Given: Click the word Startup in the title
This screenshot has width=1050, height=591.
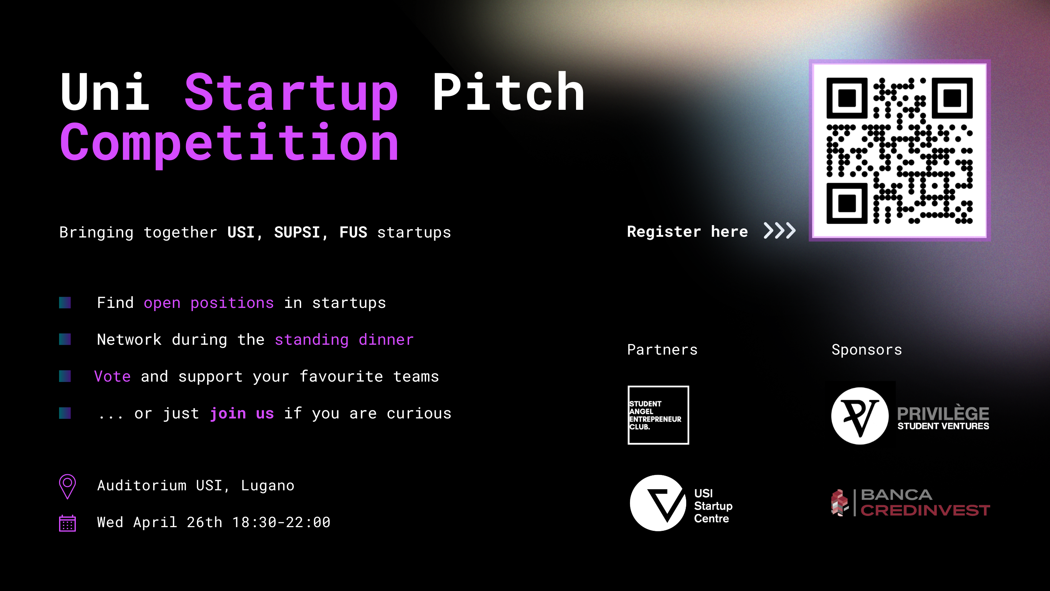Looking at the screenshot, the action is coord(291,94).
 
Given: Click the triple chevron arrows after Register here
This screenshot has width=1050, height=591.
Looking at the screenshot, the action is coord(779,231).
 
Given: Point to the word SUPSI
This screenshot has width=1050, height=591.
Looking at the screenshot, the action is coord(297,232).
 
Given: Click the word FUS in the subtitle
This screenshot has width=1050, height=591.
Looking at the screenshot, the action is coord(353,232).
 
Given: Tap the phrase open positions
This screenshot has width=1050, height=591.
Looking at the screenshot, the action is coord(209,303).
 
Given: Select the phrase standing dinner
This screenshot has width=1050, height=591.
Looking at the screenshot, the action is coord(344,340).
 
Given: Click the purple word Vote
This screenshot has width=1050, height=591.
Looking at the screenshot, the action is coord(113,376).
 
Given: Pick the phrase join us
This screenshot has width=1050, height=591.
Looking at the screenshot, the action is coord(242,413).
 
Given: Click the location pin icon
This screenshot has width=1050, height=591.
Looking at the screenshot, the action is coord(68,486).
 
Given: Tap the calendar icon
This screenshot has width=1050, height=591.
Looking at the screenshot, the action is coord(68,523).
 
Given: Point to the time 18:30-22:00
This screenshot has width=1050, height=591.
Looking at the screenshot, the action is coord(281,522).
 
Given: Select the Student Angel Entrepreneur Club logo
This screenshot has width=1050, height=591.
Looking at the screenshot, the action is coord(658,415).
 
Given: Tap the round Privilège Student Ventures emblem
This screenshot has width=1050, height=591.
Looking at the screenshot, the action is coord(860,416).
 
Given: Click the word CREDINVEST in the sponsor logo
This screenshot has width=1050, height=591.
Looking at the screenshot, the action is coord(925,510).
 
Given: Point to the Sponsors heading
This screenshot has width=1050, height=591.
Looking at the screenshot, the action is coord(867,350).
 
